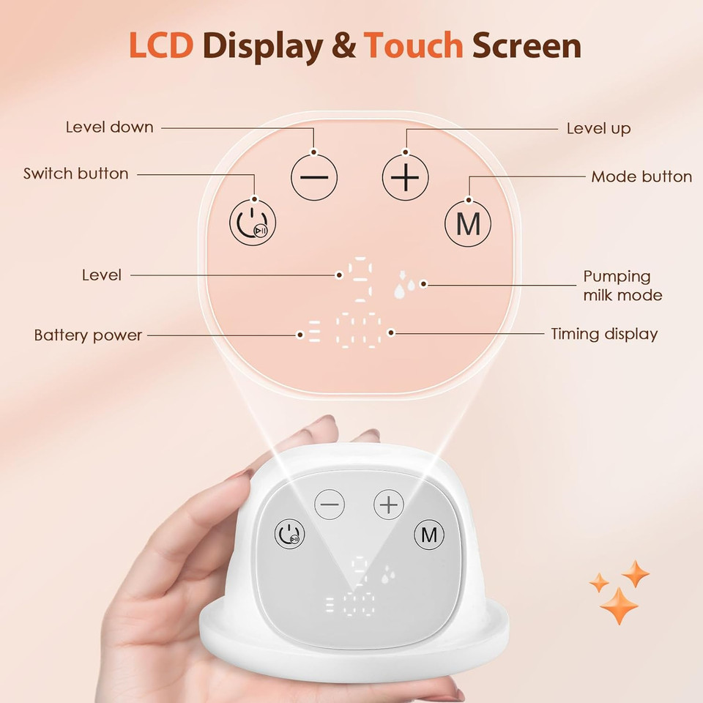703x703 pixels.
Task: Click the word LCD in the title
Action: coord(161,45)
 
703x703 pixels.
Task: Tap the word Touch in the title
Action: coord(414,45)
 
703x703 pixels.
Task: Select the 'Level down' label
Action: coord(110,127)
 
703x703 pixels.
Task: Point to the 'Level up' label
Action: coord(598,128)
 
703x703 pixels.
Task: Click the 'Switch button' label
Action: coord(75,174)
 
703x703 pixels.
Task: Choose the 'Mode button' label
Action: coord(641,176)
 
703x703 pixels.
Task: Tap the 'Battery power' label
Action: coord(88,335)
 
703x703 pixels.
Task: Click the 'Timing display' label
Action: coord(604,334)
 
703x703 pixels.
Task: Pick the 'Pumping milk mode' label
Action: coord(622,286)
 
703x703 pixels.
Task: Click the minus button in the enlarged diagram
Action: coord(314,178)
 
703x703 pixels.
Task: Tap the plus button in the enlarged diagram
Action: coord(404,178)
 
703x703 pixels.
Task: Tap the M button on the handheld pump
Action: coord(428,535)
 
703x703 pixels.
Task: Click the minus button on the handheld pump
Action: coord(330,505)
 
